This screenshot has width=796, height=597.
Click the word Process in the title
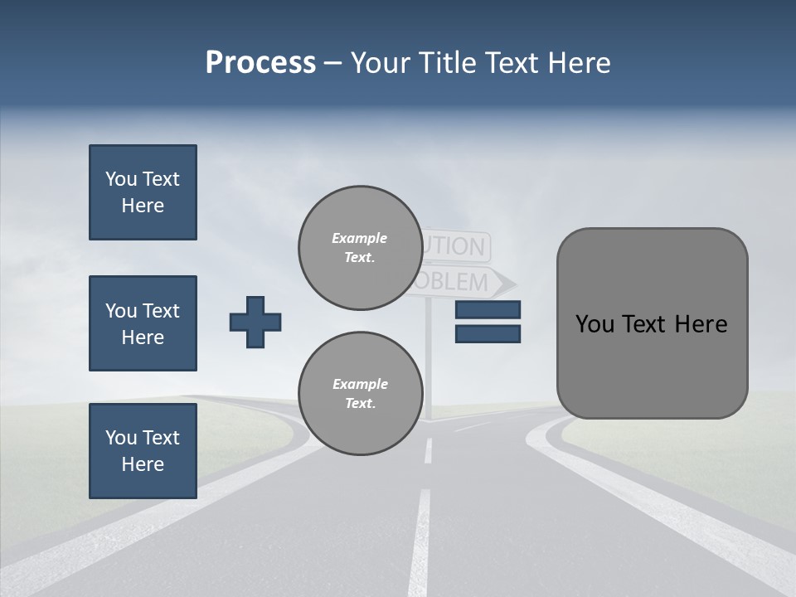[260, 63]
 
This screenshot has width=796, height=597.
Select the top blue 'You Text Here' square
[143, 192]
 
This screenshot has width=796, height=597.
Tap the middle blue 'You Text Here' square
[143, 323]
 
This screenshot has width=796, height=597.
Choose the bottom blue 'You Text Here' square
[143, 451]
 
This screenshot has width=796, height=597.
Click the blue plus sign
[255, 322]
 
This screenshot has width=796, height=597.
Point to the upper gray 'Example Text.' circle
[360, 248]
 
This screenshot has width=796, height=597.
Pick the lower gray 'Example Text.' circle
[360, 394]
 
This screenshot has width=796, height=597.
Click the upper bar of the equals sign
[488, 310]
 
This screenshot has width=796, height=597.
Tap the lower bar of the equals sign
[488, 334]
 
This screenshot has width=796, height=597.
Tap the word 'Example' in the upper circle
[360, 238]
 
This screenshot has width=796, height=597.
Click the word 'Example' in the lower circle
[360, 384]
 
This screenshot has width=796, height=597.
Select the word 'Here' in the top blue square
[143, 206]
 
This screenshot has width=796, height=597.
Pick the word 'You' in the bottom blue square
[121, 438]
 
